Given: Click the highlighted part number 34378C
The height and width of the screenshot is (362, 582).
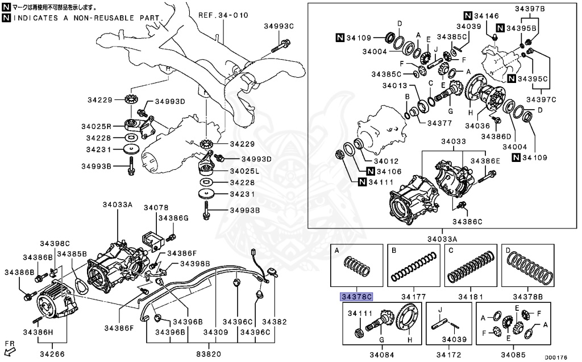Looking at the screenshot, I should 356,297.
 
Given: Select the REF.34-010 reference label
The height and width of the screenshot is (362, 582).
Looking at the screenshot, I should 223,15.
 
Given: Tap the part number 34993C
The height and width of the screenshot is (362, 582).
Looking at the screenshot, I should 278,27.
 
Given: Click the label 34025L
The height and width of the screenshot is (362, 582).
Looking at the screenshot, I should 245,170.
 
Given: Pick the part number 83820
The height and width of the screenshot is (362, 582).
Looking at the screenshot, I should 209,353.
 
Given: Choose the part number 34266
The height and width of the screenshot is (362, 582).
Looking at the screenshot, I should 52,354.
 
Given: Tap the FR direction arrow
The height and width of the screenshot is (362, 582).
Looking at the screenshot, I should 10,348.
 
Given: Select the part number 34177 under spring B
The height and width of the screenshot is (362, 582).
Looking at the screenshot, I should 413,297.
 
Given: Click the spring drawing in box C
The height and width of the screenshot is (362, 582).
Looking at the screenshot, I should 471,266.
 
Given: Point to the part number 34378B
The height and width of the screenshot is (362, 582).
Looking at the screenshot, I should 527,297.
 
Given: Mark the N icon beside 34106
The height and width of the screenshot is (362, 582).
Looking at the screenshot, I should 371,171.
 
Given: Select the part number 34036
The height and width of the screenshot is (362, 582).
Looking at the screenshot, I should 477,125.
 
